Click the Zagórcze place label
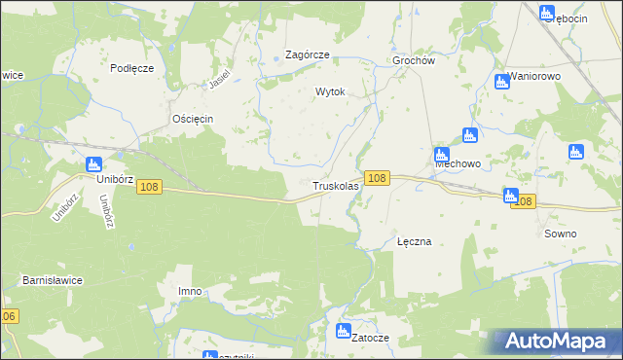click(307, 55)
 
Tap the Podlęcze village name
click(132, 67)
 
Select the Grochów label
click(413, 59)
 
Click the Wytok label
click(330, 91)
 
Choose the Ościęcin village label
click(192, 119)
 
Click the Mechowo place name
click(458, 164)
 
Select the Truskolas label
click(336, 185)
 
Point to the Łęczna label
click(414, 240)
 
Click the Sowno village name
click(561, 234)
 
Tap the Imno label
click(190, 291)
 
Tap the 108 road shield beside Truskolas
click(379, 178)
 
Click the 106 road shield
click(9, 316)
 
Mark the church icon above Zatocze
click(343, 331)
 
